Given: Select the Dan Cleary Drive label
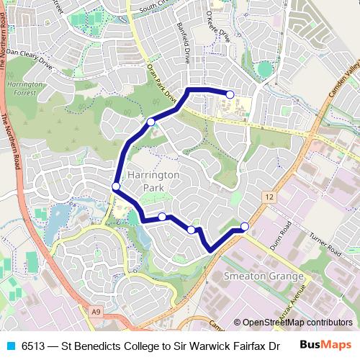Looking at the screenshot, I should pos(31,62).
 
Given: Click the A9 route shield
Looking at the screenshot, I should pos(96,311).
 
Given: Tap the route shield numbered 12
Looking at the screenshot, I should pos(269,197).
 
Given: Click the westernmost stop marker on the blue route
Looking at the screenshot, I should pos(116,186).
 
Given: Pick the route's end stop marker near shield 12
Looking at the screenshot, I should pos(245,227).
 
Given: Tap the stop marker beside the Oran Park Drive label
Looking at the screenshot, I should pos(151,122).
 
